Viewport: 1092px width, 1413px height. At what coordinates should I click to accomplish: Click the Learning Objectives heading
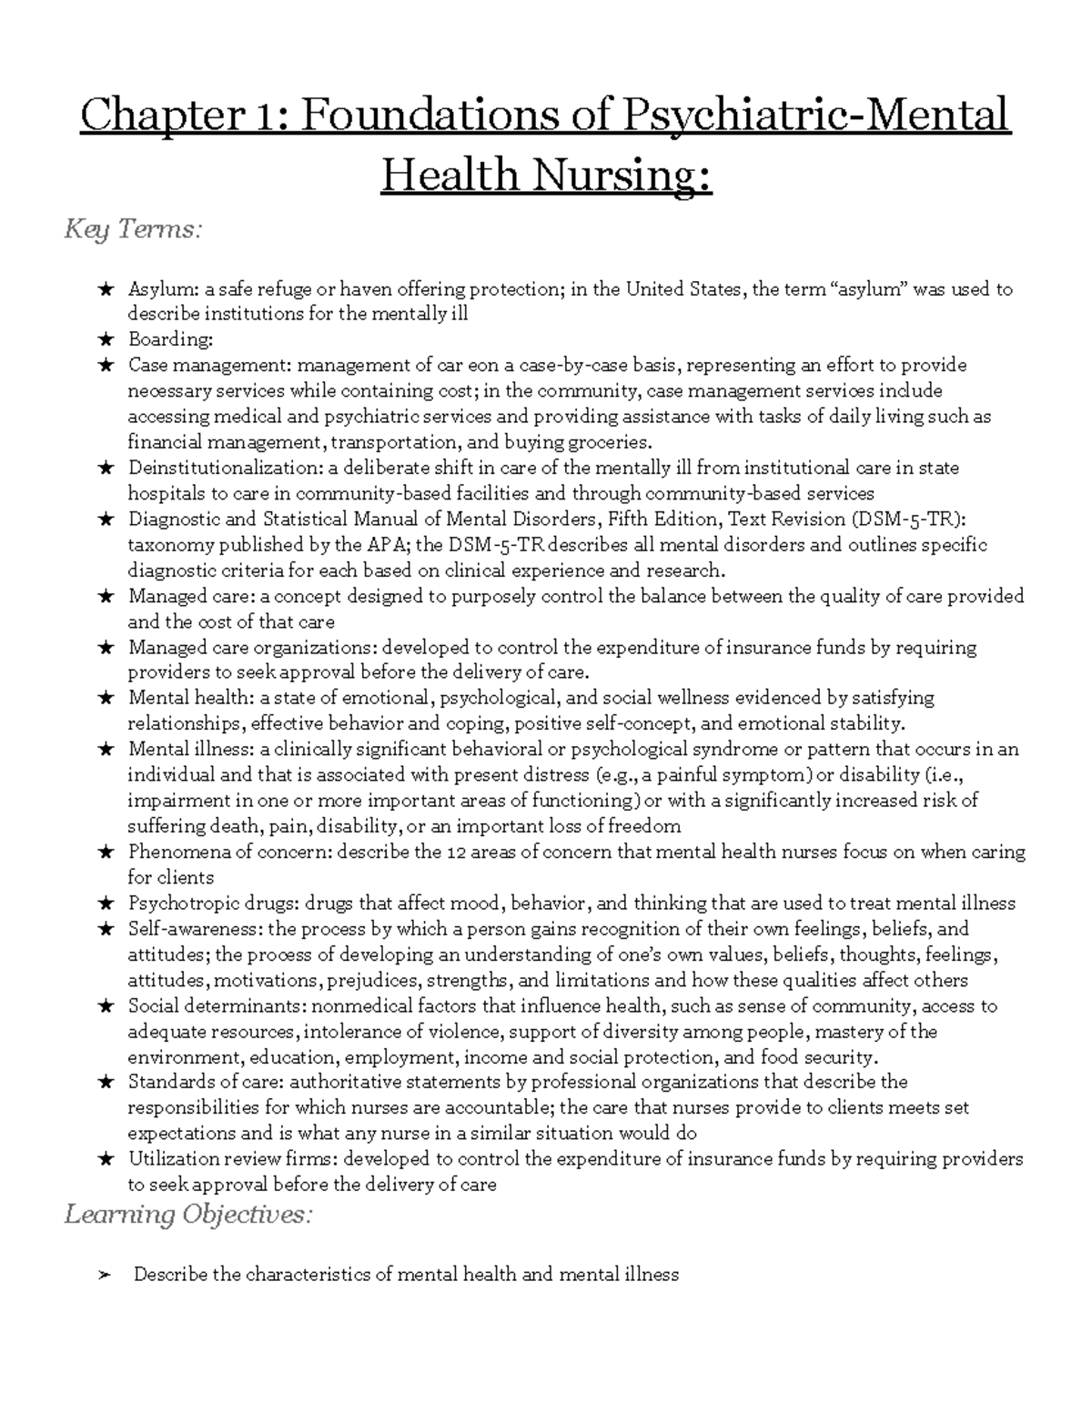pos(187,1215)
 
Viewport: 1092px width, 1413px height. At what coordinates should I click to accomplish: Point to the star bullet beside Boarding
pos(106,340)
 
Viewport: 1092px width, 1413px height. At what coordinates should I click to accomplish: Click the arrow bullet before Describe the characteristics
pos(105,1275)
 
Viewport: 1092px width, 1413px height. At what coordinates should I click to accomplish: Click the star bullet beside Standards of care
pos(106,1083)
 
